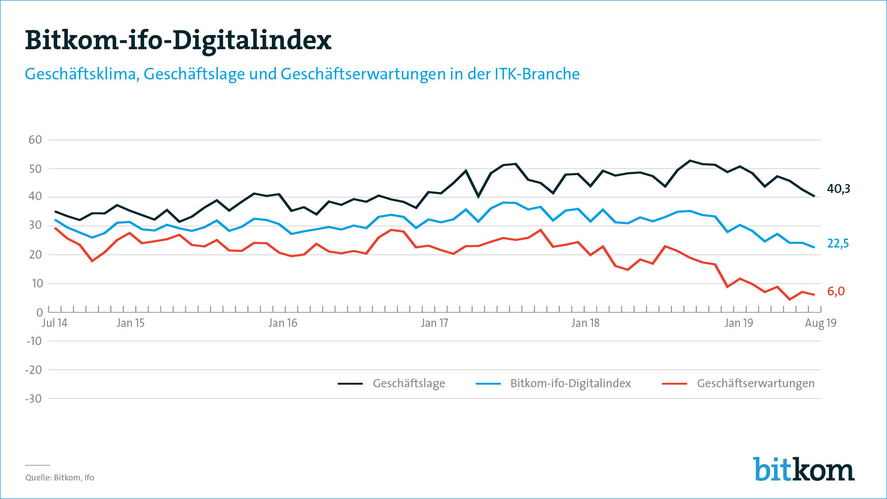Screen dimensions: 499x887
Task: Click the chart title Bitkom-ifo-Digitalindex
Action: (x=178, y=41)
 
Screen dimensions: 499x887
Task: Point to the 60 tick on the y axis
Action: (x=35, y=140)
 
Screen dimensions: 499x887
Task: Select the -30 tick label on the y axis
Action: (x=33, y=399)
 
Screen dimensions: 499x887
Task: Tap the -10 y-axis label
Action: (x=34, y=341)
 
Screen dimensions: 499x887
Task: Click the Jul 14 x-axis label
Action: (x=55, y=323)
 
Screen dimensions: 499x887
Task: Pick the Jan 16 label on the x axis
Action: (x=283, y=323)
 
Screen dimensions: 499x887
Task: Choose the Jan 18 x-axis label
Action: (x=585, y=323)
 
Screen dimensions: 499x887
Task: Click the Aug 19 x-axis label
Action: (x=820, y=323)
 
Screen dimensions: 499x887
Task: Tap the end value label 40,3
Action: (x=838, y=189)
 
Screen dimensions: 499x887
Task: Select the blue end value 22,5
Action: (x=838, y=244)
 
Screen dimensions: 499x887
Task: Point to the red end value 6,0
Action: (x=836, y=291)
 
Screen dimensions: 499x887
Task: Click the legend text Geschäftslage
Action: (x=408, y=383)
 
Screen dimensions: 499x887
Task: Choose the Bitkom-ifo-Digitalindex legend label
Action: (x=570, y=383)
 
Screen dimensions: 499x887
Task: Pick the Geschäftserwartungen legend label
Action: (x=755, y=383)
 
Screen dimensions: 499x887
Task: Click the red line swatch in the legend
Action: (x=674, y=384)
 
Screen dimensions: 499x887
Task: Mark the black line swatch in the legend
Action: (x=350, y=384)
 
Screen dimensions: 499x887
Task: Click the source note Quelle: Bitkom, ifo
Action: (x=59, y=478)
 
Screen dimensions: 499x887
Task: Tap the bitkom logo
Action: (x=803, y=469)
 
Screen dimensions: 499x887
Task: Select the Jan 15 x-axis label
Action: (x=130, y=323)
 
